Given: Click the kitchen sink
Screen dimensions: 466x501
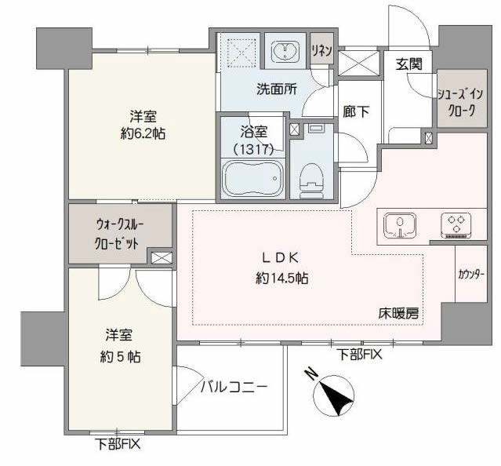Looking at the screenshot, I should tap(401, 225).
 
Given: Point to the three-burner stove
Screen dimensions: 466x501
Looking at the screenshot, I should tap(457, 225).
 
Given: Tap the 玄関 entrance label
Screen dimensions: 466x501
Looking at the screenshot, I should tap(408, 64).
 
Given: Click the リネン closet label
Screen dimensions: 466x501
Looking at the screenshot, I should tap(322, 51).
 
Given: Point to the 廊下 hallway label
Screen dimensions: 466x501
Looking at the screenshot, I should tap(357, 112).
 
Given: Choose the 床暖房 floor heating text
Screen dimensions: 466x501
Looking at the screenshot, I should tap(399, 313).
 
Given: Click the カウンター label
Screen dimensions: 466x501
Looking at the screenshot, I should tap(470, 275).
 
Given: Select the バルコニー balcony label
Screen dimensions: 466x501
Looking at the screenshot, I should tap(234, 387).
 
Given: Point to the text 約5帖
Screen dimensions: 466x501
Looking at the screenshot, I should tap(122, 355).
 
